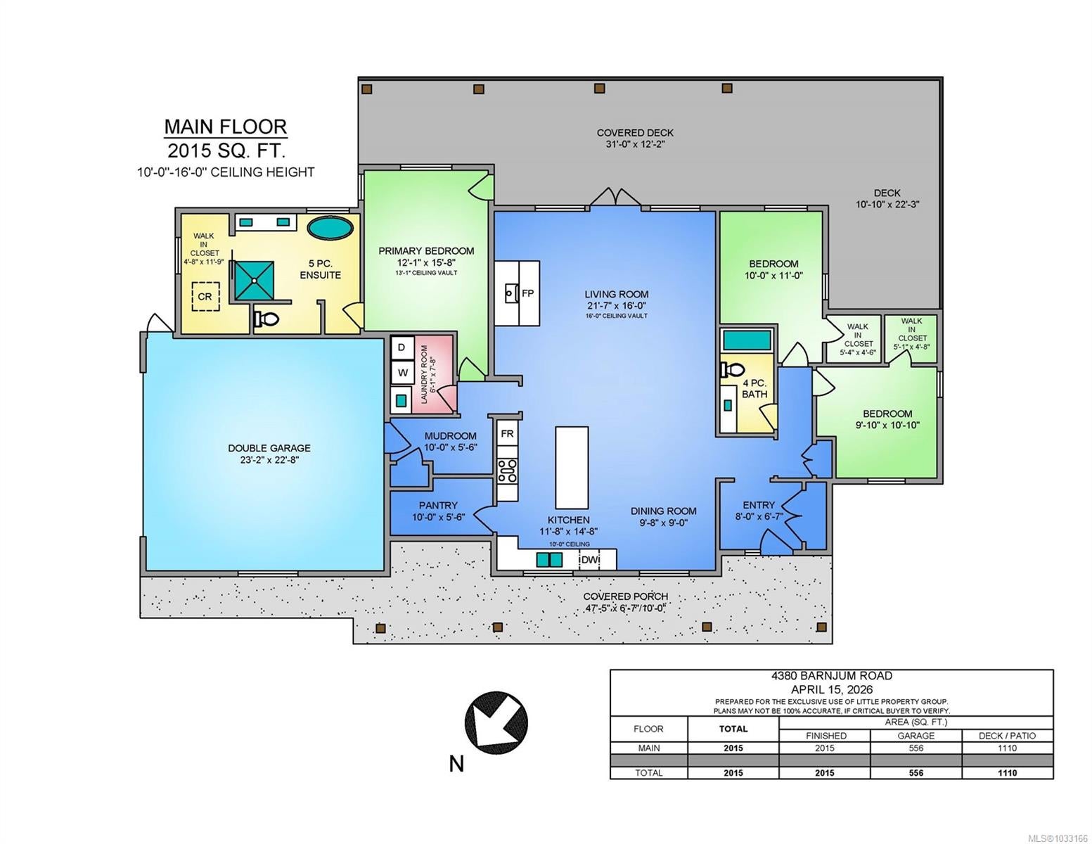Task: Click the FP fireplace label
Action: tap(527, 293)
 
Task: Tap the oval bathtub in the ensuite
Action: tap(329, 228)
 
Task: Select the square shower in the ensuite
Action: tap(255, 281)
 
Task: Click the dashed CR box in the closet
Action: tap(205, 296)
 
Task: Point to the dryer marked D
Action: tap(402, 347)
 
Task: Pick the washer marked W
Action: tap(402, 373)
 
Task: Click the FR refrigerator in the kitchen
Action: tap(507, 433)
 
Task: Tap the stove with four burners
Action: tap(507, 471)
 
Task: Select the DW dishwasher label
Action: tap(590, 559)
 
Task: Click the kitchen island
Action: tap(572, 468)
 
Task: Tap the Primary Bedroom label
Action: tap(426, 251)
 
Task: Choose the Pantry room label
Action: tap(438, 505)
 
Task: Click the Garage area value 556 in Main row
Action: tap(916, 748)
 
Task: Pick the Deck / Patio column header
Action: tap(1007, 736)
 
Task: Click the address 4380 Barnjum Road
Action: tap(832, 676)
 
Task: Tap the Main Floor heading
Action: tap(226, 127)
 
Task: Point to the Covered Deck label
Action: tap(635, 133)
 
